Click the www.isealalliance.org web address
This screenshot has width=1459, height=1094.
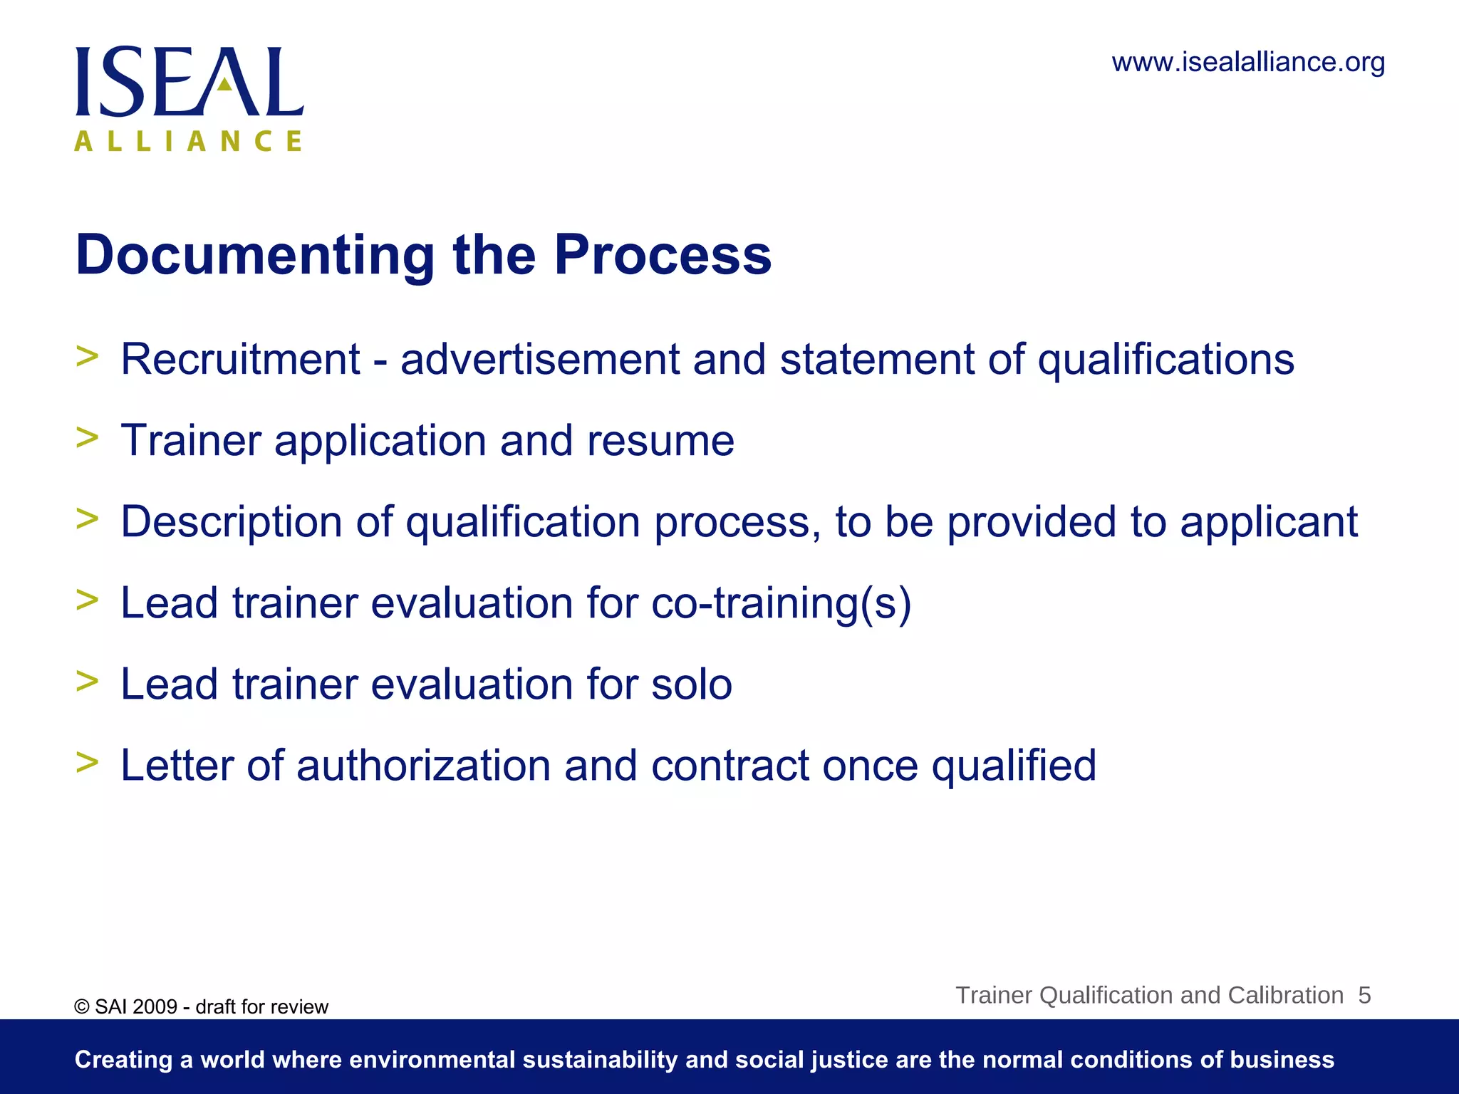(x=1248, y=63)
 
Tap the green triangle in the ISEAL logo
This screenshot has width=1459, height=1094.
(x=224, y=85)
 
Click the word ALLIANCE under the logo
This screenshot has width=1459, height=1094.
(x=189, y=141)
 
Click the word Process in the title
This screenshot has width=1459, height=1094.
(x=663, y=255)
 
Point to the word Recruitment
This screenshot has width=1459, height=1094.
(x=241, y=359)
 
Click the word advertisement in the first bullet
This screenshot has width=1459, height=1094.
(x=540, y=359)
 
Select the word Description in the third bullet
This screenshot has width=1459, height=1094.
(x=232, y=522)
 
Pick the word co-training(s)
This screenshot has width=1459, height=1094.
(x=782, y=604)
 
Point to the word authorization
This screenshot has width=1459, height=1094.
(x=424, y=766)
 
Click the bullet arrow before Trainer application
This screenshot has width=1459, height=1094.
(x=87, y=437)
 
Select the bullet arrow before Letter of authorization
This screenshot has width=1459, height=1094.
(x=87, y=762)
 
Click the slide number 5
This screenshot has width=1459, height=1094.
(x=1364, y=995)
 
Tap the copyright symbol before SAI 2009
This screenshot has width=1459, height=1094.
(x=82, y=1007)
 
